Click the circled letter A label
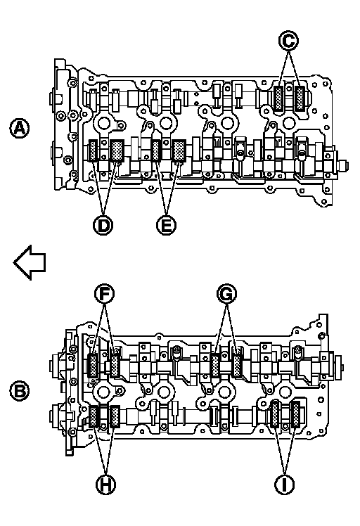(x=20, y=128)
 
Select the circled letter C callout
(x=288, y=41)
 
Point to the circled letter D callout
(x=103, y=225)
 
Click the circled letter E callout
(x=167, y=225)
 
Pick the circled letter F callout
(x=104, y=294)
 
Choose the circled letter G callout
(x=226, y=294)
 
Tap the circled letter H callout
(x=106, y=485)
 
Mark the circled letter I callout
(x=284, y=485)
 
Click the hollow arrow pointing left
(x=30, y=262)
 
